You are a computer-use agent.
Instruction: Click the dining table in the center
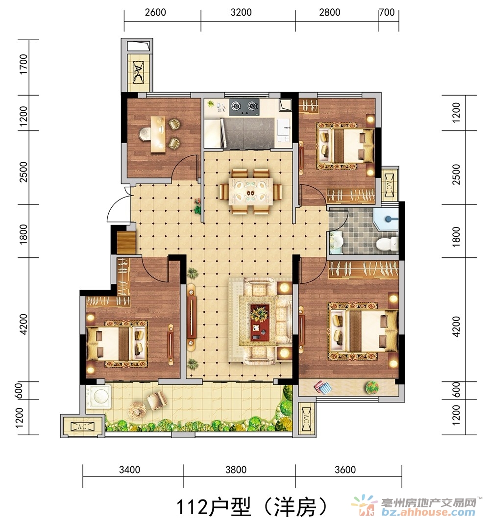point(251,192)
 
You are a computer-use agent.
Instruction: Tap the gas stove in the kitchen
point(245,107)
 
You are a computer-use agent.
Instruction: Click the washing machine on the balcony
point(98,397)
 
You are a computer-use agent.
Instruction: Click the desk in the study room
point(158,134)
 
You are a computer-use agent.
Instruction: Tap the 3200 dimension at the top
point(241,12)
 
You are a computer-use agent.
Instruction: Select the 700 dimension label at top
point(387,12)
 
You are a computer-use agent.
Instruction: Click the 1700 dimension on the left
point(24,64)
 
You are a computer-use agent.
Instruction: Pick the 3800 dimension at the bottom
point(236,470)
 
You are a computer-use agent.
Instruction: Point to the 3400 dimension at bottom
point(129,470)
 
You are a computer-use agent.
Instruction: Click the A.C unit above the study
point(138,72)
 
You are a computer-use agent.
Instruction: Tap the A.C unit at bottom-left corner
point(82,426)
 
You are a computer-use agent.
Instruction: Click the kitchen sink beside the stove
point(284,127)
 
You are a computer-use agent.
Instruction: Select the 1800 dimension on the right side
point(456,237)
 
